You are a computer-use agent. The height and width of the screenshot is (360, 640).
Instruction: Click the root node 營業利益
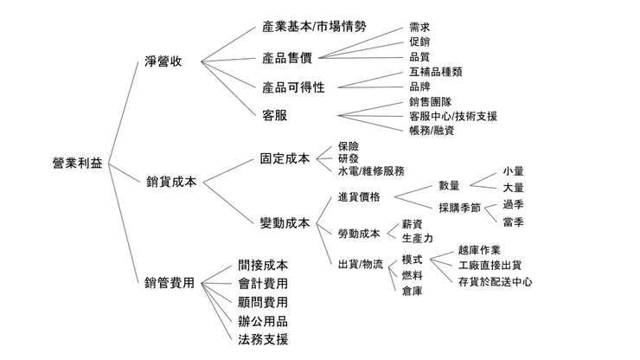coord(77,164)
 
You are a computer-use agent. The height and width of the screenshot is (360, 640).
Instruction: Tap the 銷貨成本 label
coord(172,181)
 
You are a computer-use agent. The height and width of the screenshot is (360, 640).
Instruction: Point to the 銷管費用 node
coord(170,283)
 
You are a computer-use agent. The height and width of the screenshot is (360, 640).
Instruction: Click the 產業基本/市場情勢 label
coord(314,27)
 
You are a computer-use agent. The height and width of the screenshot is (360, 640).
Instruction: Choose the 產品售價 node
coord(287,57)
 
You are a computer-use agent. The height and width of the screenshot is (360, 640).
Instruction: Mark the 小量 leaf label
coord(513,171)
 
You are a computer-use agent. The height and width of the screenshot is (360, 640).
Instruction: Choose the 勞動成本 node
coord(358,233)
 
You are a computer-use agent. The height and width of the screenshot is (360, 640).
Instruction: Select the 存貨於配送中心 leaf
coord(495,282)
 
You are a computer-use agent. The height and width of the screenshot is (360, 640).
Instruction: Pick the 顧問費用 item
coord(263,302)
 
